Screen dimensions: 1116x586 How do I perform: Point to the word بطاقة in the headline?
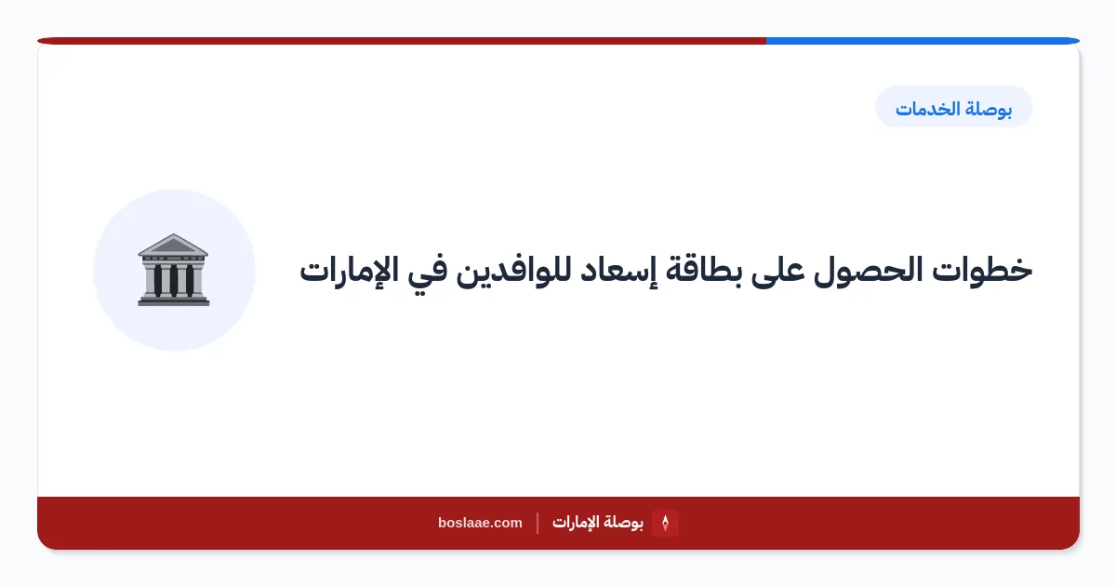pos(703,271)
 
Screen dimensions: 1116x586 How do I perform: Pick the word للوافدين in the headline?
pos(513,272)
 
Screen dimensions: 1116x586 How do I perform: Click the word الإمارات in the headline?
pos(349,271)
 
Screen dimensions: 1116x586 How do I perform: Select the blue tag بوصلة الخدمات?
pos(953,107)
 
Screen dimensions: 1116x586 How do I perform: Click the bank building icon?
pos(173,270)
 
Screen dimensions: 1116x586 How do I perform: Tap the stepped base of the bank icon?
pos(173,300)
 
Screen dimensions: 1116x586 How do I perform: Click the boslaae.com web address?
pos(480,523)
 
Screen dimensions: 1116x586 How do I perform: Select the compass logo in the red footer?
pos(665,523)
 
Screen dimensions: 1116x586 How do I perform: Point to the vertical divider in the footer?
pos(538,523)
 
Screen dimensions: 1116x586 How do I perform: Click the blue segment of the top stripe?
pos(923,41)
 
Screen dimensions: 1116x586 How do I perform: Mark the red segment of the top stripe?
pos(402,41)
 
